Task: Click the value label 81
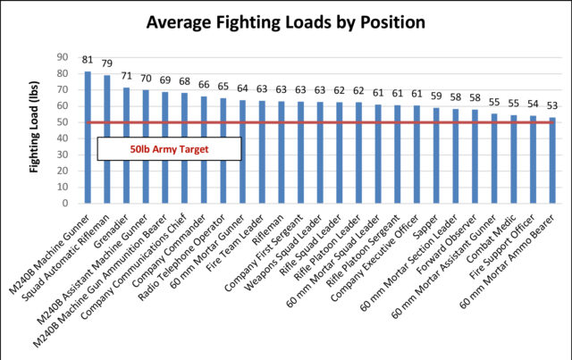coord(88,61)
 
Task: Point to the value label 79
coord(106,64)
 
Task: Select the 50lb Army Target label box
coord(170,149)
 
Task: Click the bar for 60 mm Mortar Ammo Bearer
coord(552,160)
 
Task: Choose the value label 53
coord(552,106)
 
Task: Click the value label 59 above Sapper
coord(436,96)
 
